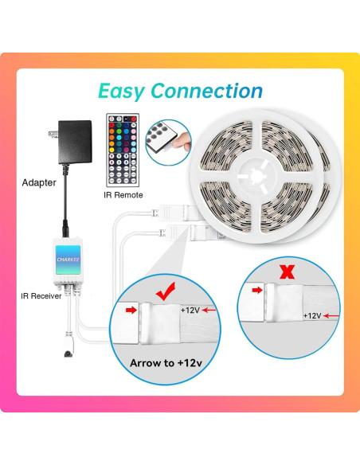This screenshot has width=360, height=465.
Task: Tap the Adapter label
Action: tap(39, 182)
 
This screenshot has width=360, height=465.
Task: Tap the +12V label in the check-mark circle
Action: tap(192, 310)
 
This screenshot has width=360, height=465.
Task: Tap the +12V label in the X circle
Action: tap(313, 315)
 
